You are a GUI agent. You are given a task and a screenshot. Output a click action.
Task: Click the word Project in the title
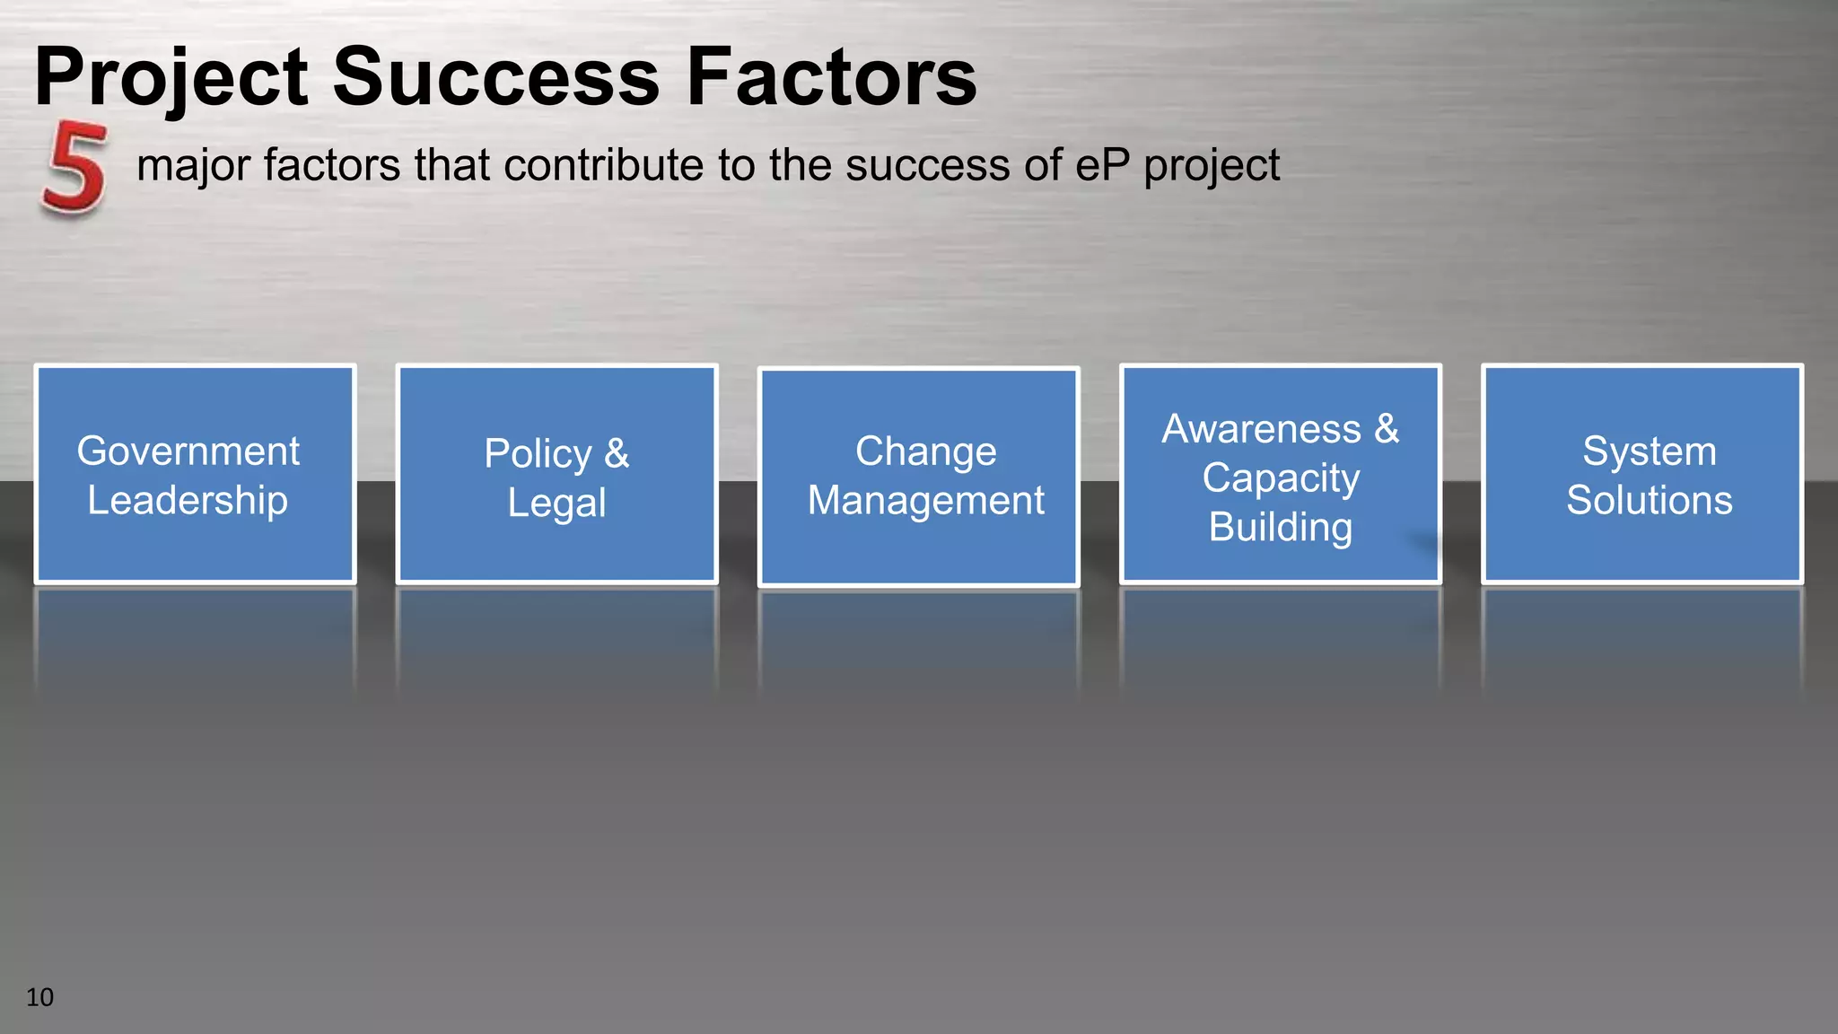point(171,78)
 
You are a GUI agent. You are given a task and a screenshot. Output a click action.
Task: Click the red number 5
point(74,170)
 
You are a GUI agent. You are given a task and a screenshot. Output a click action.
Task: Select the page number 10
point(39,997)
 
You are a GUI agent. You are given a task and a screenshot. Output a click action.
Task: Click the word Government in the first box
point(188,451)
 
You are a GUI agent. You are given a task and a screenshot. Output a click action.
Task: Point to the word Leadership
point(188,500)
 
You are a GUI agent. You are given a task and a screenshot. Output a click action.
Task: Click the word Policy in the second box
point(538,453)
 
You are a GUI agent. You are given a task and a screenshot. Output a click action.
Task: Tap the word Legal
point(556,503)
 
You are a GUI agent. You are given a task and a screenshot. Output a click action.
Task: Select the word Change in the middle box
point(925,451)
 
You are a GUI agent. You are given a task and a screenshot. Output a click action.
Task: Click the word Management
point(925,500)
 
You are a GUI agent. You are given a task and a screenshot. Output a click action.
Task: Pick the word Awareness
point(1261,429)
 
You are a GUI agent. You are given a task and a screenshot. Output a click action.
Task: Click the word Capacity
point(1281,478)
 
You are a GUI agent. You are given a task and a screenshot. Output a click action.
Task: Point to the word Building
point(1281,527)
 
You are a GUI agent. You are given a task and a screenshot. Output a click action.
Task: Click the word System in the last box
point(1649,451)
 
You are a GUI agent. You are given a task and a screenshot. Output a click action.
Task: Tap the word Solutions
point(1649,500)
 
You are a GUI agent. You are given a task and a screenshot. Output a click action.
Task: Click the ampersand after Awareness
point(1387,429)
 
